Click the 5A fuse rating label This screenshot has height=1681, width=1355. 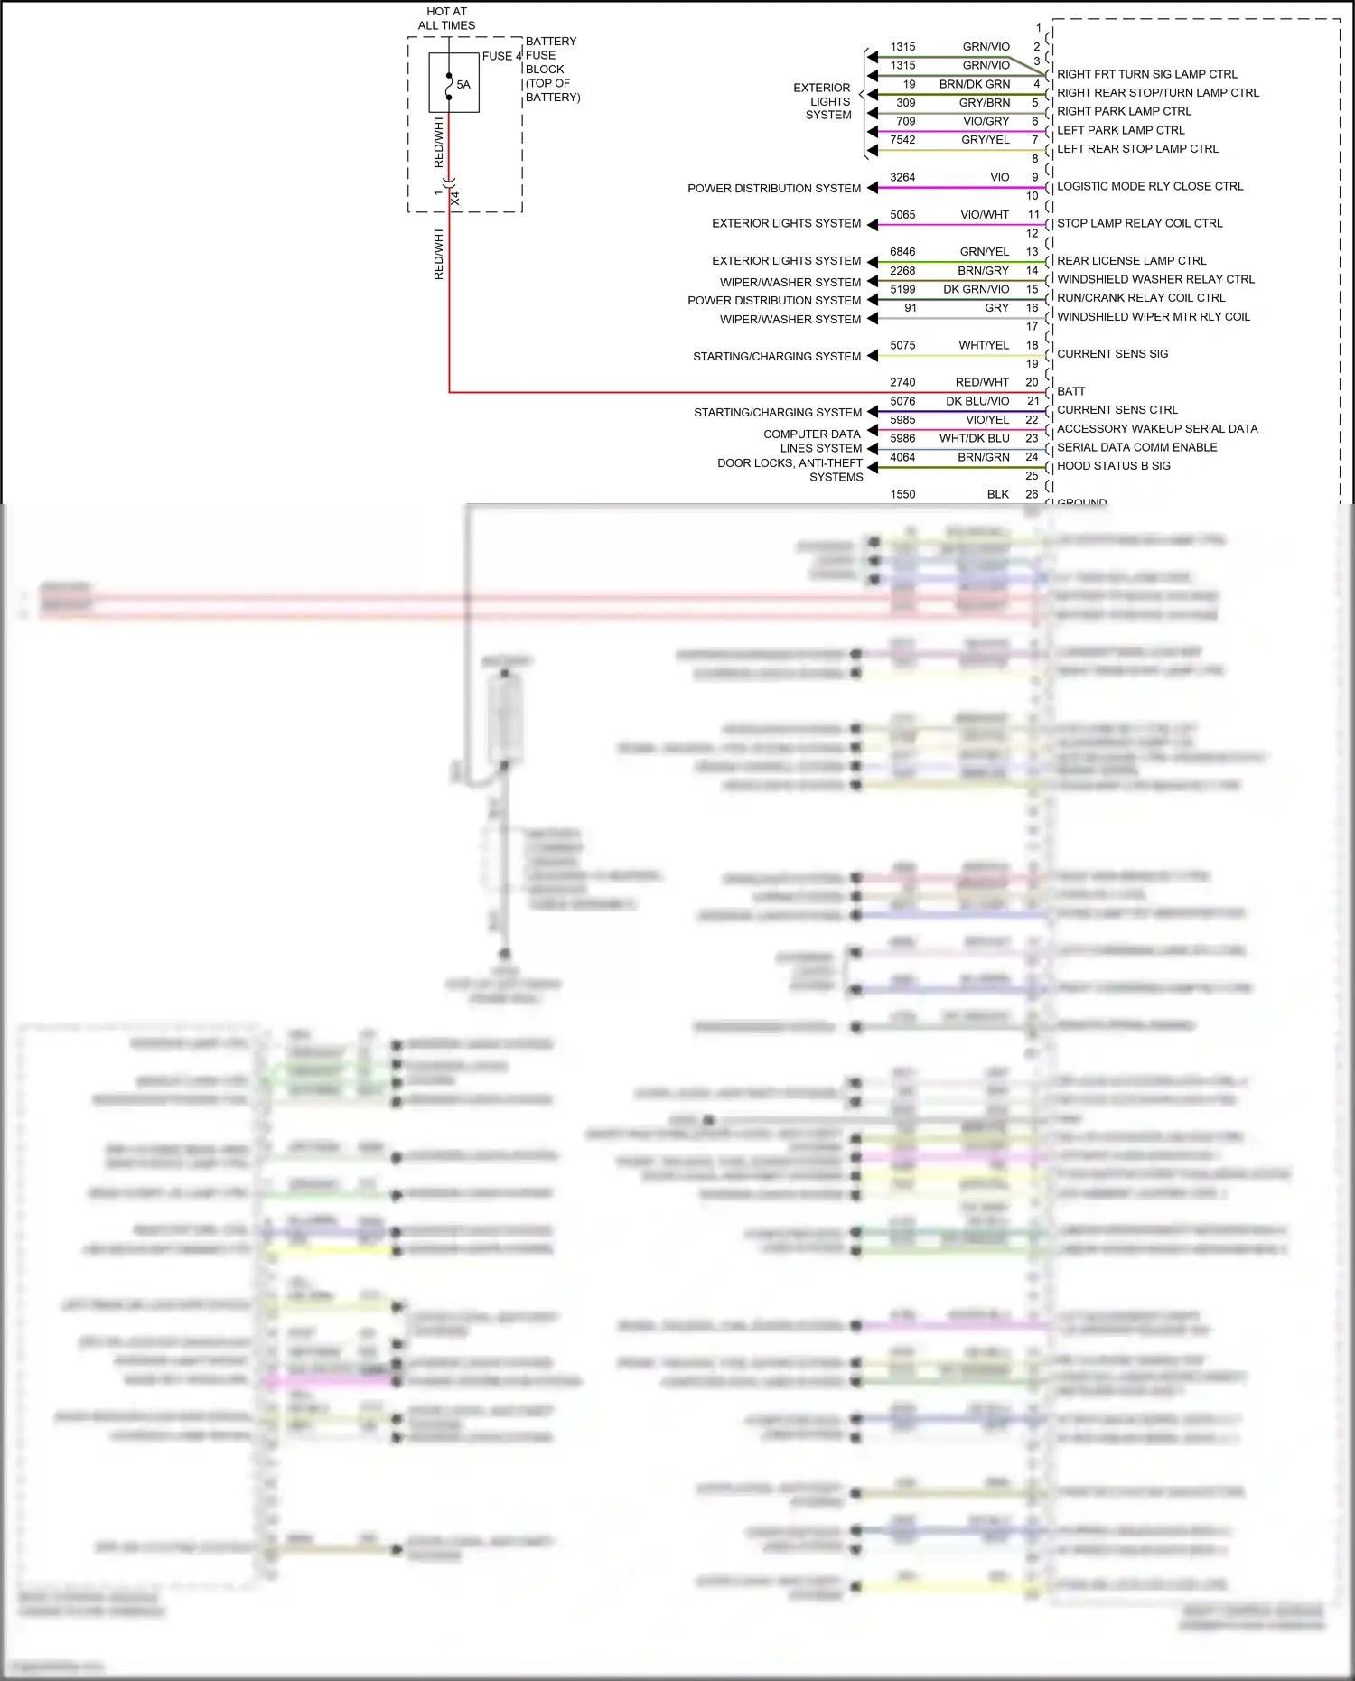pos(463,85)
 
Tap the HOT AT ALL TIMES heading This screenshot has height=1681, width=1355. pos(446,19)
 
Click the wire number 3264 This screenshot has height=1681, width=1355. pos(902,177)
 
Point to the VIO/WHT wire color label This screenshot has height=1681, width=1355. pos(985,215)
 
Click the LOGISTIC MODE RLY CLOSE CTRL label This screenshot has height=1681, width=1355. pos(1150,186)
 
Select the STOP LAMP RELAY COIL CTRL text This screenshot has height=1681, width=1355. pos(1139,223)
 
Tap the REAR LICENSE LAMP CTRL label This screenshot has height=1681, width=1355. pos(1131,261)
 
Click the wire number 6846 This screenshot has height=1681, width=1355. pos(902,252)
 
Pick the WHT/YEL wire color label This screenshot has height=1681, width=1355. pos(984,345)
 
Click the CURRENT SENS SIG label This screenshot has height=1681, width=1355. pos(1112,354)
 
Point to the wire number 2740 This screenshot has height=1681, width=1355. pos(902,383)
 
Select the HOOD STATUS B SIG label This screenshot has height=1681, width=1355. pos(1113,466)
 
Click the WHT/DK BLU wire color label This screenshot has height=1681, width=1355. pos(974,438)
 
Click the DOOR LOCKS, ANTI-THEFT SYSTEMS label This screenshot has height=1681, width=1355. pos(790,470)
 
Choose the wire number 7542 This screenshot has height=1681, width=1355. pos(902,140)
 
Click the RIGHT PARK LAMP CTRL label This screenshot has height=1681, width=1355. pos(1124,111)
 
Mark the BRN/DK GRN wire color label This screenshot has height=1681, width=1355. pos(975,84)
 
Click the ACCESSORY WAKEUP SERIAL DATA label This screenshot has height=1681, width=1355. pos(1157,429)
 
